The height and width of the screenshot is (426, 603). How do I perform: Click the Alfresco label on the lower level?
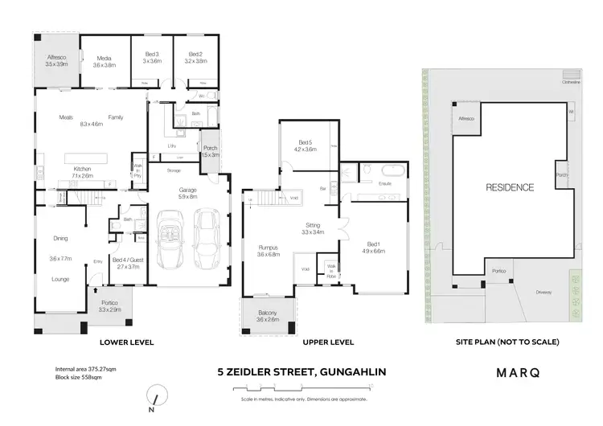55,59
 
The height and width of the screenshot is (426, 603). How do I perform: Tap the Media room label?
105,62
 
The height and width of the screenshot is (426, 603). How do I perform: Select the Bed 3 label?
146,57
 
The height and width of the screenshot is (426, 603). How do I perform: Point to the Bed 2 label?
192,57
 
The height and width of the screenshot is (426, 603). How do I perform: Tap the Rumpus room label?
268,250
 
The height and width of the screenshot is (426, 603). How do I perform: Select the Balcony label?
267,315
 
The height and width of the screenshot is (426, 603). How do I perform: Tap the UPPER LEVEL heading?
328,342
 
